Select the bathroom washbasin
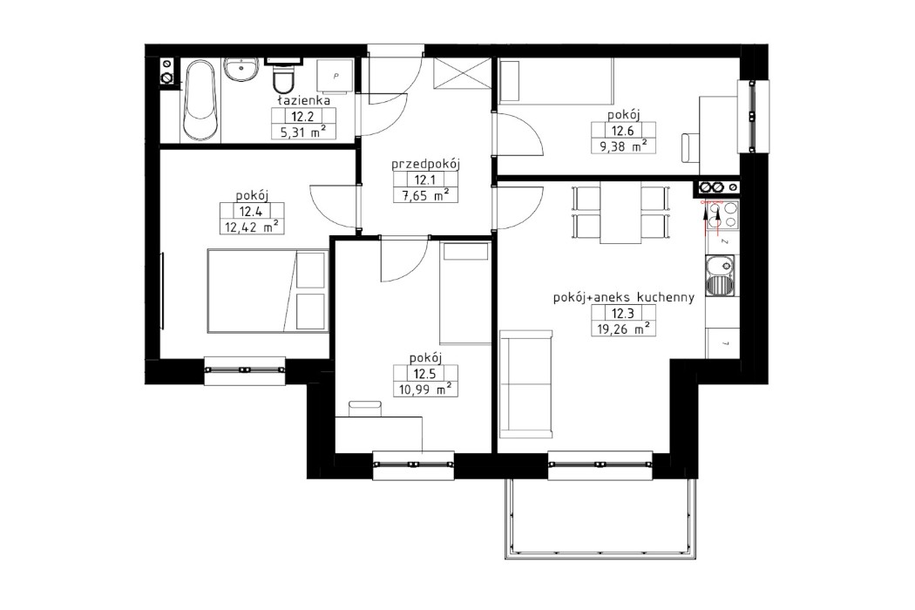pos(240,69)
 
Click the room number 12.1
pos(424,180)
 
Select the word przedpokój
pos(425,163)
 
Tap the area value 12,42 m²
pos(250,227)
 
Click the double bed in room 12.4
pos(267,290)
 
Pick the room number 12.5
pos(424,374)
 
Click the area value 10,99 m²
pos(424,390)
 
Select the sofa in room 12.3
pos(526,384)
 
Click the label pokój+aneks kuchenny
pos(623,297)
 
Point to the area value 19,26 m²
pos(622,329)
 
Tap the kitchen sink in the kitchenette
pos(720,278)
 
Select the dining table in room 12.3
pos(621,214)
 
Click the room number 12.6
pos(623,131)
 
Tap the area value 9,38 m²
pos(623,146)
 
